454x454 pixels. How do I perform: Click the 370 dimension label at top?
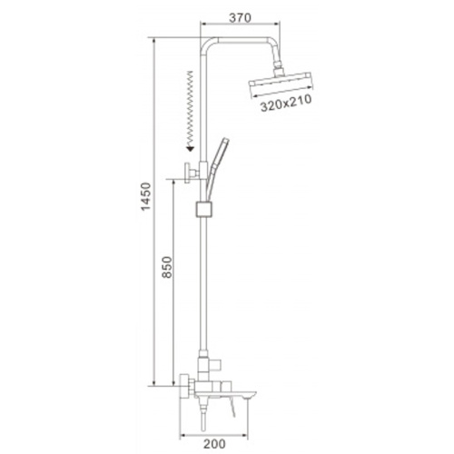240,18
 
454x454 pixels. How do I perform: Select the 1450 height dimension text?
146,196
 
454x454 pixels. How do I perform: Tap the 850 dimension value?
167,267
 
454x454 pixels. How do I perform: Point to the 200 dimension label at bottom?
214,444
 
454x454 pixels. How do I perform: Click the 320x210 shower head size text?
286,104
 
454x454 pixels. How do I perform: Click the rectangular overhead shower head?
281,85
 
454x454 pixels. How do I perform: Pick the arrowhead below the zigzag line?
190,148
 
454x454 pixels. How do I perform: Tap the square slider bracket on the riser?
204,209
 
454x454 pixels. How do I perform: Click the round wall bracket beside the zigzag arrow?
191,173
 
